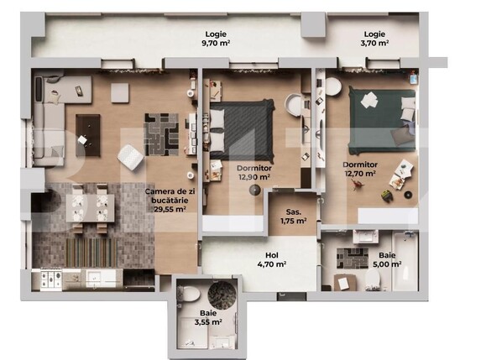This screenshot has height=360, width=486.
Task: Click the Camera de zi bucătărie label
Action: (169, 201)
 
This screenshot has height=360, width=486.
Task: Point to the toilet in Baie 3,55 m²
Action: (191, 293)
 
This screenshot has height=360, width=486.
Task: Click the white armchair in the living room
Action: (131, 156)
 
